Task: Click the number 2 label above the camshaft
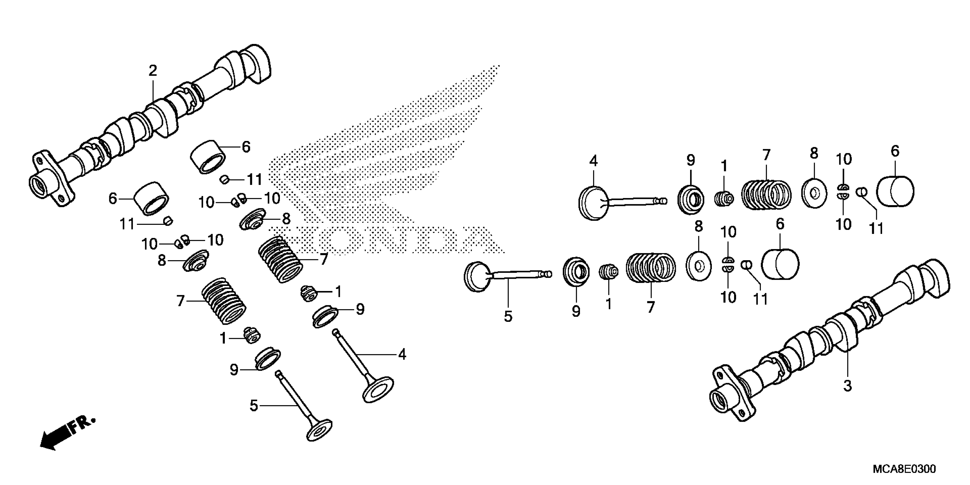click(x=153, y=71)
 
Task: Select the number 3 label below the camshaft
click(x=847, y=386)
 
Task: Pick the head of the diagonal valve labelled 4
click(x=378, y=389)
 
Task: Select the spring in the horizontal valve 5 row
click(x=651, y=267)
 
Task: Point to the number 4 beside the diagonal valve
click(x=402, y=354)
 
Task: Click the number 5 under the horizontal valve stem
click(x=508, y=316)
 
